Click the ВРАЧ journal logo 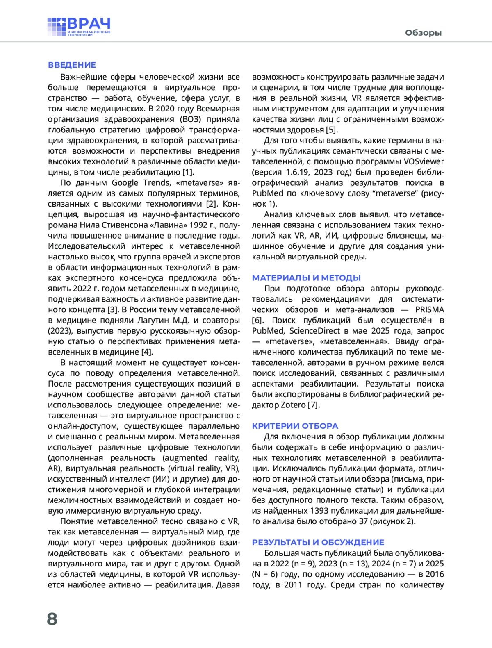79,27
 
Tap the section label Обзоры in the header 423,33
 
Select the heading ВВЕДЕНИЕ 72,65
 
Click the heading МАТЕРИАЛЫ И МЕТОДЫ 306,278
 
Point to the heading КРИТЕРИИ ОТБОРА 295,426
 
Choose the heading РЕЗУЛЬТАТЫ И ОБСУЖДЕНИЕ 318,542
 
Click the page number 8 52,618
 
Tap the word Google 125,183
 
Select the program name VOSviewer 424,161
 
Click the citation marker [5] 331,130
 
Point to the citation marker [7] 313,405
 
